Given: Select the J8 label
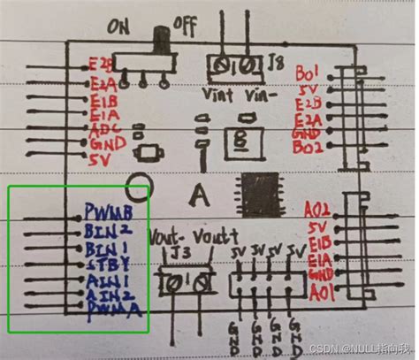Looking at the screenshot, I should click(277, 63).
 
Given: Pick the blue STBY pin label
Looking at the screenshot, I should click(105, 264).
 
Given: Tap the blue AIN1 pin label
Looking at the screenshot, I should click(105, 280).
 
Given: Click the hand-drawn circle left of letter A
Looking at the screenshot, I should click(138, 188).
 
